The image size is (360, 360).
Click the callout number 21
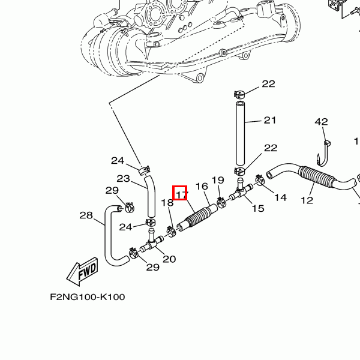coord(269,121)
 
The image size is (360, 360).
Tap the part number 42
coord(322,122)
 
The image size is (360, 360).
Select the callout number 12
coord(307,200)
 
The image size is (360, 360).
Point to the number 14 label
coord(280,197)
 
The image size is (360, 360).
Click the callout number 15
coord(257,209)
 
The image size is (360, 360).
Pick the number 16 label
coord(202,187)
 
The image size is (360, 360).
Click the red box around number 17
coord(181,193)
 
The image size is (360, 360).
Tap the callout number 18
coord(167,203)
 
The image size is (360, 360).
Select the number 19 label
coord(217,180)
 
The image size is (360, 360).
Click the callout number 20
coord(169,259)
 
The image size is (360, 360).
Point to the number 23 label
coord(123,178)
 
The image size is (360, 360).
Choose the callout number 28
coord(86,215)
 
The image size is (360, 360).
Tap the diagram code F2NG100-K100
coord(88,297)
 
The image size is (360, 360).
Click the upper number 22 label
coord(268,84)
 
